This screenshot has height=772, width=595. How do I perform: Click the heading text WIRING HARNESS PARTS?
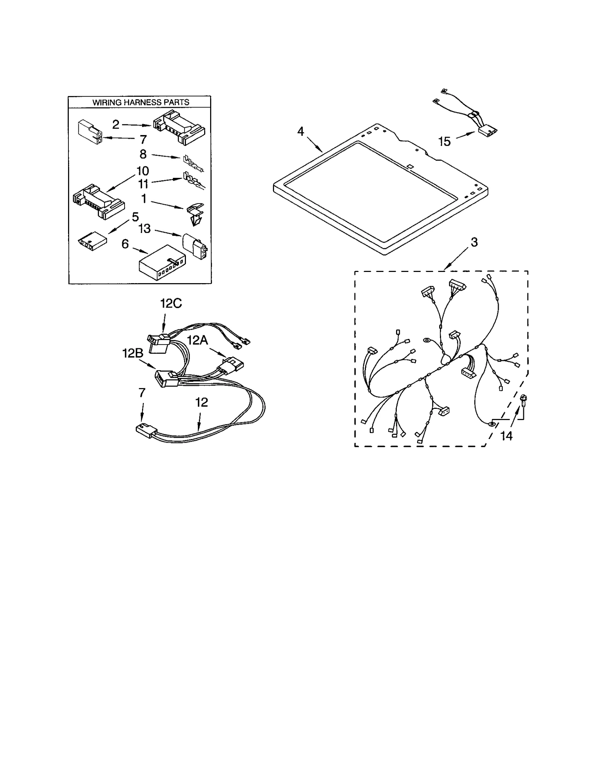[141, 102]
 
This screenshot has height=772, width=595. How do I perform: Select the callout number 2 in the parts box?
[116, 124]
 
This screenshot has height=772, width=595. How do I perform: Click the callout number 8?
[143, 154]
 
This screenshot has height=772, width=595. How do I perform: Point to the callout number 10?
[142, 171]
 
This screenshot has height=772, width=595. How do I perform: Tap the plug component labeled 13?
[194, 246]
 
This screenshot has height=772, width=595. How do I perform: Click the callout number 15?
[444, 141]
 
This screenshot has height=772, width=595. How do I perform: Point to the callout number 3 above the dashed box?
[474, 242]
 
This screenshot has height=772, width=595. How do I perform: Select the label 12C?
[171, 304]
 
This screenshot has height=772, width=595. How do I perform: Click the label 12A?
[197, 340]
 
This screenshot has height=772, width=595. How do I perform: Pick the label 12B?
[133, 353]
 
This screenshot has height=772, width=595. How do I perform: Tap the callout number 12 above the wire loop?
[202, 402]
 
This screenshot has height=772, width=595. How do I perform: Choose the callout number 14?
[506, 436]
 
